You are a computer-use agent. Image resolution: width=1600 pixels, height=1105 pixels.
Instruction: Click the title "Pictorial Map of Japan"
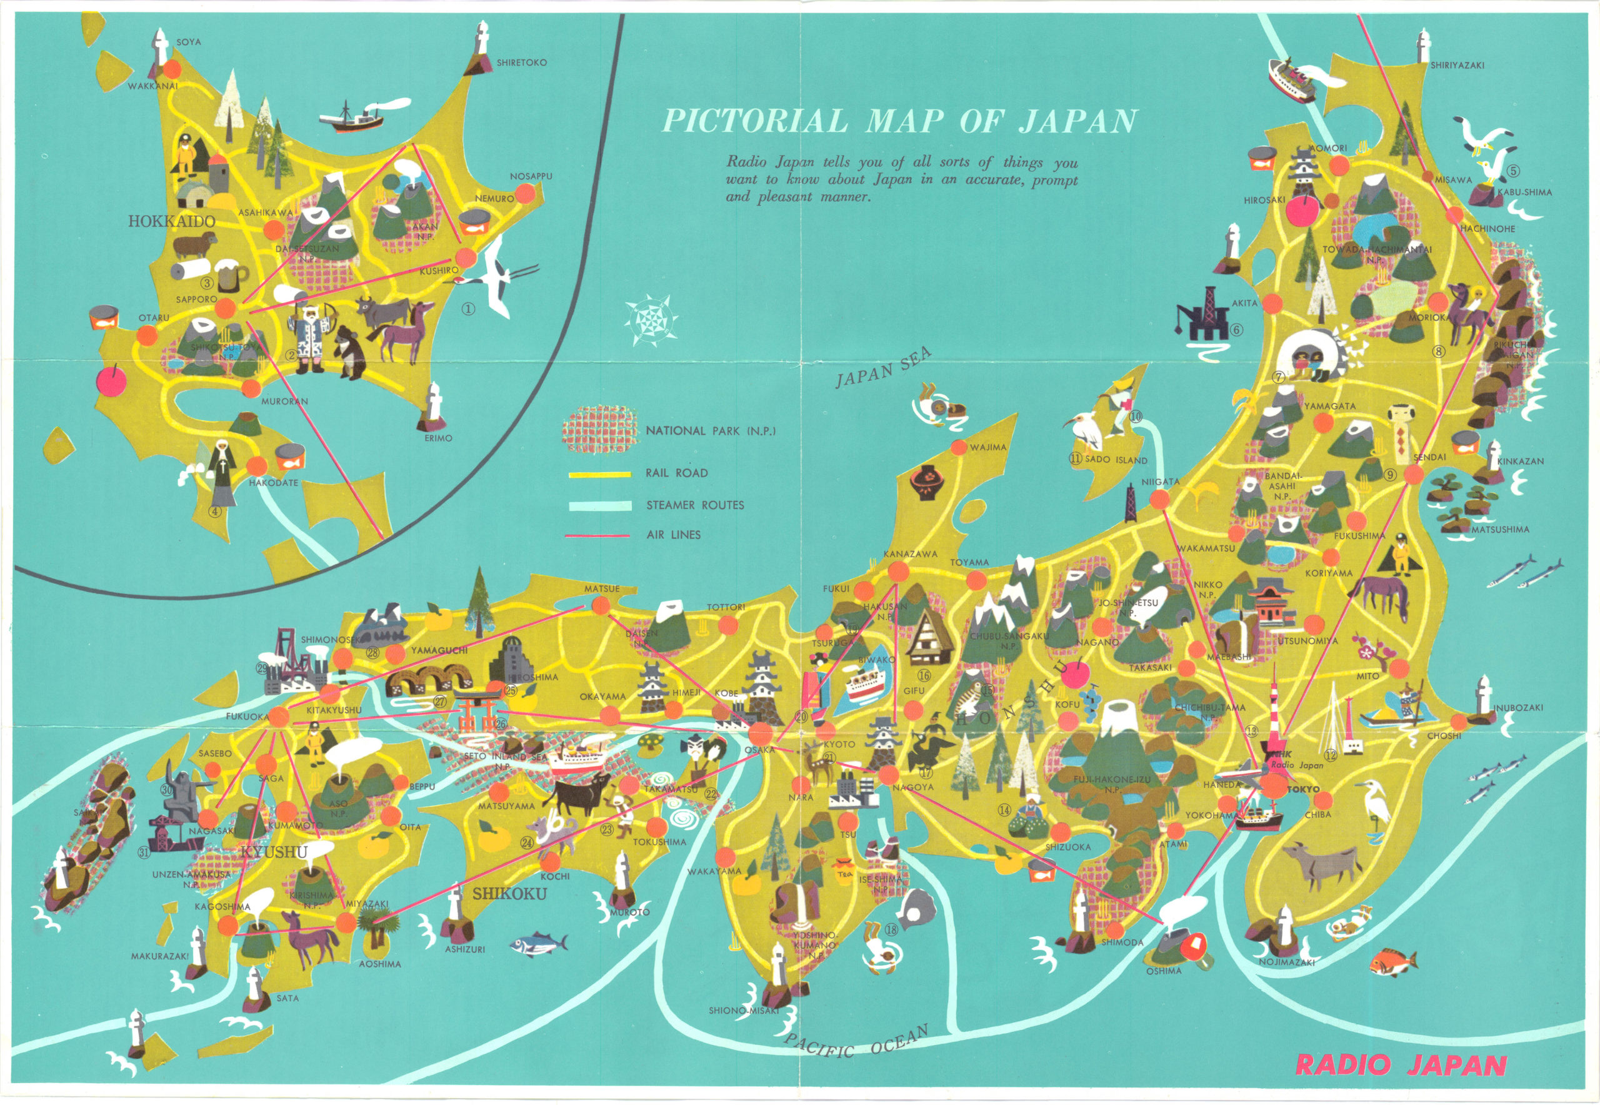tap(898, 121)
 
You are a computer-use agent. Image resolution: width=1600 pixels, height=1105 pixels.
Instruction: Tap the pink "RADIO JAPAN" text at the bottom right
tap(1401, 1065)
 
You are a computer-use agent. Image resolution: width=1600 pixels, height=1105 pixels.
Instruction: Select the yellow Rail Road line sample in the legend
tap(599, 474)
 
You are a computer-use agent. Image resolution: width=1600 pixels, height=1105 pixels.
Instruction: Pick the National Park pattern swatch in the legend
tap(599, 429)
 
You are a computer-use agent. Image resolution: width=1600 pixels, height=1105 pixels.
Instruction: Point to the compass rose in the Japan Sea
tap(651, 319)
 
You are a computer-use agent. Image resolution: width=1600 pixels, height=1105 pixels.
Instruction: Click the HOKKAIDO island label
tap(172, 221)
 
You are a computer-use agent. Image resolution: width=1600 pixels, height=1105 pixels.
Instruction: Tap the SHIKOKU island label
tap(509, 894)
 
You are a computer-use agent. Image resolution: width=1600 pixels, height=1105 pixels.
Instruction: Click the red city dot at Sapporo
tap(226, 308)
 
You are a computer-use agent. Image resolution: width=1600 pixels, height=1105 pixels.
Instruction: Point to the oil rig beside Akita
tap(1205, 315)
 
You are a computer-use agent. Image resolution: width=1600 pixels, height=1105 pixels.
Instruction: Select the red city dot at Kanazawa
tap(897, 571)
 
